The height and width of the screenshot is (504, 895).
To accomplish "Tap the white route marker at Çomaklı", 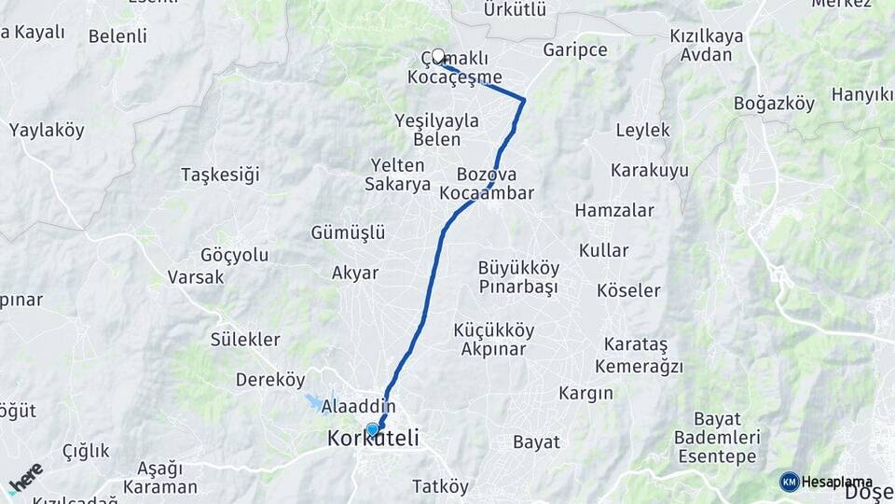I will click(438, 56).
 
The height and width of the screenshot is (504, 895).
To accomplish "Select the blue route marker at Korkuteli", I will click(373, 429).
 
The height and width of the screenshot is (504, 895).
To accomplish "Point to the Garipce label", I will click(574, 49).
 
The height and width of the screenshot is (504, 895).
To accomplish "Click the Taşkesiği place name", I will click(220, 175).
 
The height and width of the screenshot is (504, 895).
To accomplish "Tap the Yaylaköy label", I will click(47, 131).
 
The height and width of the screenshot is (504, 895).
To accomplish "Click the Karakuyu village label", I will click(650, 171).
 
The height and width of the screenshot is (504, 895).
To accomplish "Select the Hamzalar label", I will click(614, 211).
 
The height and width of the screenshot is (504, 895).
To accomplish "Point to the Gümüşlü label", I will click(349, 232).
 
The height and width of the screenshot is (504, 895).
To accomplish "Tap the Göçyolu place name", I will click(234, 256).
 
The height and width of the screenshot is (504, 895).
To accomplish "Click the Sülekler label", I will click(245, 339).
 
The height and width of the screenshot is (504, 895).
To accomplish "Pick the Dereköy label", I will click(270, 380).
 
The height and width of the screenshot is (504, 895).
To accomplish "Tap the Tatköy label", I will click(441, 486).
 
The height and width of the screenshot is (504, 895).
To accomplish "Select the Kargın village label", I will click(585, 393).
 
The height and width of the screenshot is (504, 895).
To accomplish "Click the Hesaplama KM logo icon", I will click(789, 482).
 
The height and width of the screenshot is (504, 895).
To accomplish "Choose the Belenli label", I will click(117, 37).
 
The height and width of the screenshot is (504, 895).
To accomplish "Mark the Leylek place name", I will click(642, 131).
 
